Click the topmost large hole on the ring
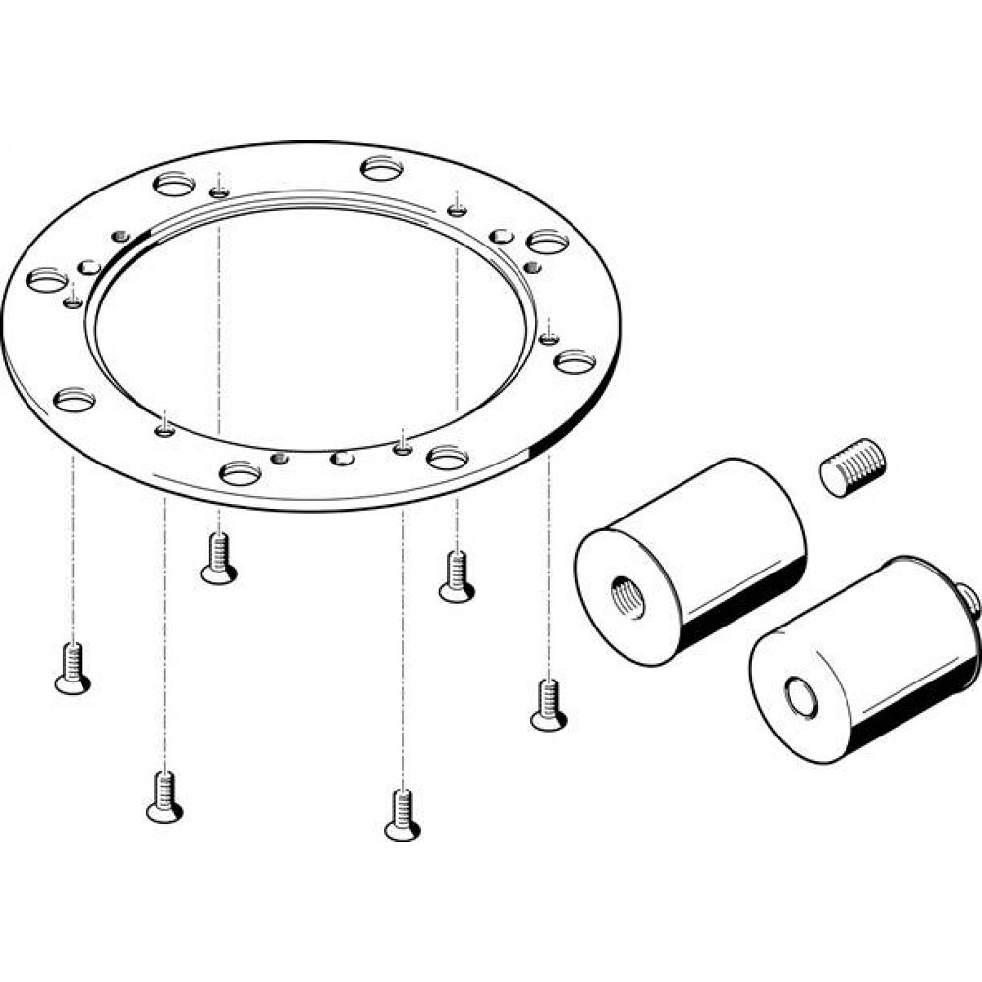(383, 168)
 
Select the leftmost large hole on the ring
(47, 281)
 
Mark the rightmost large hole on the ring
(573, 361)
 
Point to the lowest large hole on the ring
(241, 474)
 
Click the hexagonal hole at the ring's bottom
(342, 459)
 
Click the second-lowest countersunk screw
(164, 796)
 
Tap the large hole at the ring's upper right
(547, 241)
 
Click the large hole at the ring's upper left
(175, 184)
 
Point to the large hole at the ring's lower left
(75, 400)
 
